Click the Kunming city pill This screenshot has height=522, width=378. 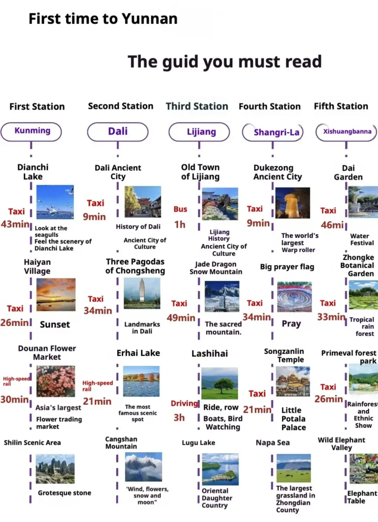coord(31,132)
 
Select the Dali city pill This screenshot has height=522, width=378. coord(118,132)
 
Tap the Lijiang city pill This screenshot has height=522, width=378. coord(199,132)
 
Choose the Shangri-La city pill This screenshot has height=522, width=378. coord(273,132)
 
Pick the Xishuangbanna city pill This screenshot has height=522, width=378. coord(346,132)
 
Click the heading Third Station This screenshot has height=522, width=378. coord(197,106)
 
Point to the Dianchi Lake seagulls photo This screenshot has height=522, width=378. coord(55,202)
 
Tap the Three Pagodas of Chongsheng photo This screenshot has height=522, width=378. coord(142,293)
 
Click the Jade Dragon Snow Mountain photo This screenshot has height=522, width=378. coord(222,296)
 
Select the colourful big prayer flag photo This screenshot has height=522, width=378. coord(294,297)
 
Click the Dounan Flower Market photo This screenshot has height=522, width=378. coord(56,381)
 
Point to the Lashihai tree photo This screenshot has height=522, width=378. coord(220,383)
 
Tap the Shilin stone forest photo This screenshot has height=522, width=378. coord(55,469)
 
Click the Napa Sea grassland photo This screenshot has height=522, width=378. coord(293,468)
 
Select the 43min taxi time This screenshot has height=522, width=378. coord(15,224)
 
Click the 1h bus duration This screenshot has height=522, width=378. coord(180,225)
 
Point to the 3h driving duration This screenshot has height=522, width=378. coord(179,417)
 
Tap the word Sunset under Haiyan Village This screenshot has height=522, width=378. coord(55,325)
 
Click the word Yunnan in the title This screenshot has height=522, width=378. coord(149,19)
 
